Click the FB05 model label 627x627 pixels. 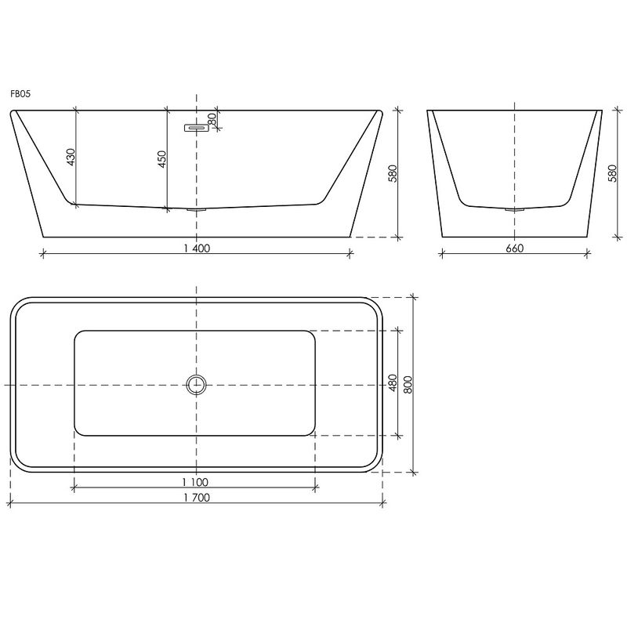20,94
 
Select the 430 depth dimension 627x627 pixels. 71,158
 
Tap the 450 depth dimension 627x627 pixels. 162,159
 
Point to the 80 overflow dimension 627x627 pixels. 212,118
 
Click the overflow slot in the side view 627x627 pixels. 197,128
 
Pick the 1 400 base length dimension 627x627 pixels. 197,248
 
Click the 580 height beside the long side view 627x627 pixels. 393,173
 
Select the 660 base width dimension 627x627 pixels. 515,248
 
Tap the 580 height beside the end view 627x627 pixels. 612,173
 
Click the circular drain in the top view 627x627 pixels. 197,385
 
